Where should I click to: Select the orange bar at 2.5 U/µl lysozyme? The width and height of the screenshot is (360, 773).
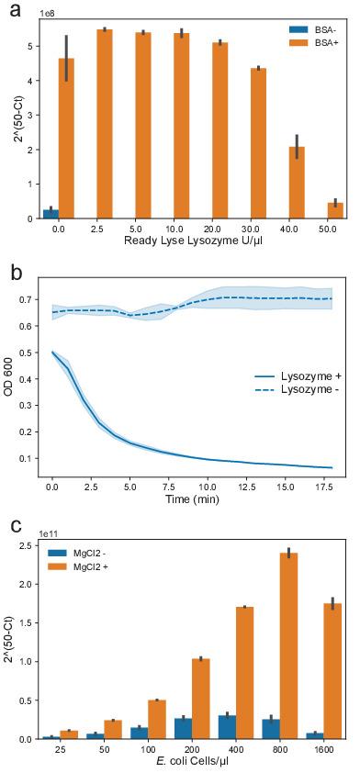104,124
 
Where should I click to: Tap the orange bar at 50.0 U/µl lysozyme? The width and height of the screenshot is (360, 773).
335,210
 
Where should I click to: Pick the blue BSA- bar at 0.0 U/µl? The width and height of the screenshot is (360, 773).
51,214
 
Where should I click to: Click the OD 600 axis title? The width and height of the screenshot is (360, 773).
9,381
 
